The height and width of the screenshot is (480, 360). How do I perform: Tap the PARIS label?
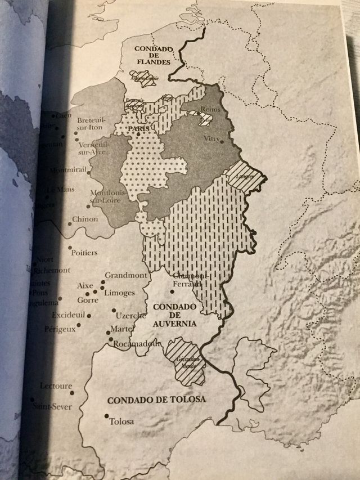137,129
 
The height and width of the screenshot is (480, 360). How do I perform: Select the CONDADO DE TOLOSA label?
156,400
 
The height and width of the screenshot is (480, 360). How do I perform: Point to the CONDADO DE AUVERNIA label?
174,315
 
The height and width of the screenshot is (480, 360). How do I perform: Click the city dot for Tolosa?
106,416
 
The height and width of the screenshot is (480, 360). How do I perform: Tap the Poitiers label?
85,253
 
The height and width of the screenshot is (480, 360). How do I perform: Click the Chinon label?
85,219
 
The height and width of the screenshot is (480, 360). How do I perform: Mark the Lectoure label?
56,386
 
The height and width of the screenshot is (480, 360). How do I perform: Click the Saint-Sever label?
52,406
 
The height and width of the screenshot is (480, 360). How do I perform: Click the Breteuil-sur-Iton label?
92,124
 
